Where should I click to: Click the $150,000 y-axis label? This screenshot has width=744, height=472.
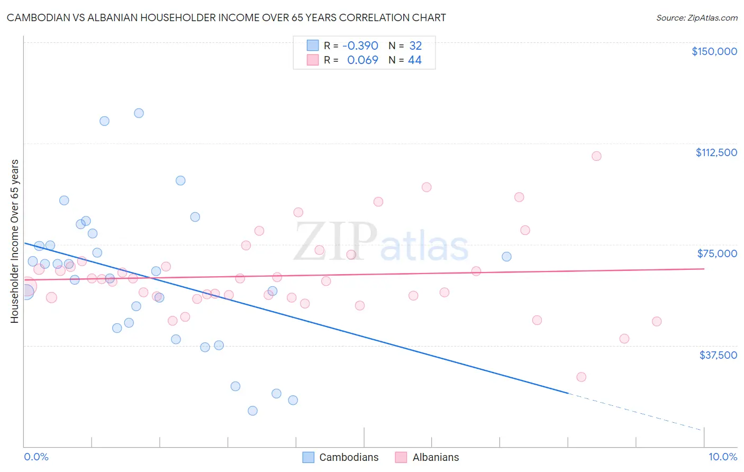pyautogui.click(x=714, y=51)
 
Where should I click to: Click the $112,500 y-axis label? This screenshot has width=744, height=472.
pyautogui.click(x=716, y=152)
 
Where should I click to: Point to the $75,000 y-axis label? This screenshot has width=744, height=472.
pyautogui.click(x=717, y=253)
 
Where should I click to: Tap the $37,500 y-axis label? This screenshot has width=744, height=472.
pyautogui.click(x=718, y=355)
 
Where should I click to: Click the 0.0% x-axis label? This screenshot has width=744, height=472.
pyautogui.click(x=36, y=457)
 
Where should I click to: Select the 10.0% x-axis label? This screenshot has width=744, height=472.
pyautogui.click(x=722, y=457)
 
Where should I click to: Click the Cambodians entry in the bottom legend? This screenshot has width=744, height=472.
pyautogui.click(x=349, y=457)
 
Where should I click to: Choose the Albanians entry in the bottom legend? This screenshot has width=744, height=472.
pyautogui.click(x=435, y=457)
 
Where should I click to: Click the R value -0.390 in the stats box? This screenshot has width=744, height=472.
pyautogui.click(x=360, y=46)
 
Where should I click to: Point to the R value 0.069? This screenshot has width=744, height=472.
pyautogui.click(x=362, y=60)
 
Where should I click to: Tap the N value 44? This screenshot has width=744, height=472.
pyautogui.click(x=415, y=60)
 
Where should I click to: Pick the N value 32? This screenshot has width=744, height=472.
pyautogui.click(x=415, y=46)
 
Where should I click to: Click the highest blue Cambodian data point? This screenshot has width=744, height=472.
pyautogui.click(x=139, y=113)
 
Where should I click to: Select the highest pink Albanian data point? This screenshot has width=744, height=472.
pyautogui.click(x=596, y=156)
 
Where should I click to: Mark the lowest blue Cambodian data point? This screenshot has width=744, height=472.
pyautogui.click(x=252, y=411)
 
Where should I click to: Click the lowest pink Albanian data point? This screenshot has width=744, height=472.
pyautogui.click(x=581, y=377)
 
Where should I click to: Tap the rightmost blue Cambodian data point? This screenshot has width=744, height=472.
pyautogui.click(x=506, y=257)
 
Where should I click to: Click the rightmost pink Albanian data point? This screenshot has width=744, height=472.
pyautogui.click(x=657, y=321)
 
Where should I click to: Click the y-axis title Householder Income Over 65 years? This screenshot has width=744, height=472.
pyautogui.click(x=15, y=241)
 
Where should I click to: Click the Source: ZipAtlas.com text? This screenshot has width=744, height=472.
pyautogui.click(x=696, y=18)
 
